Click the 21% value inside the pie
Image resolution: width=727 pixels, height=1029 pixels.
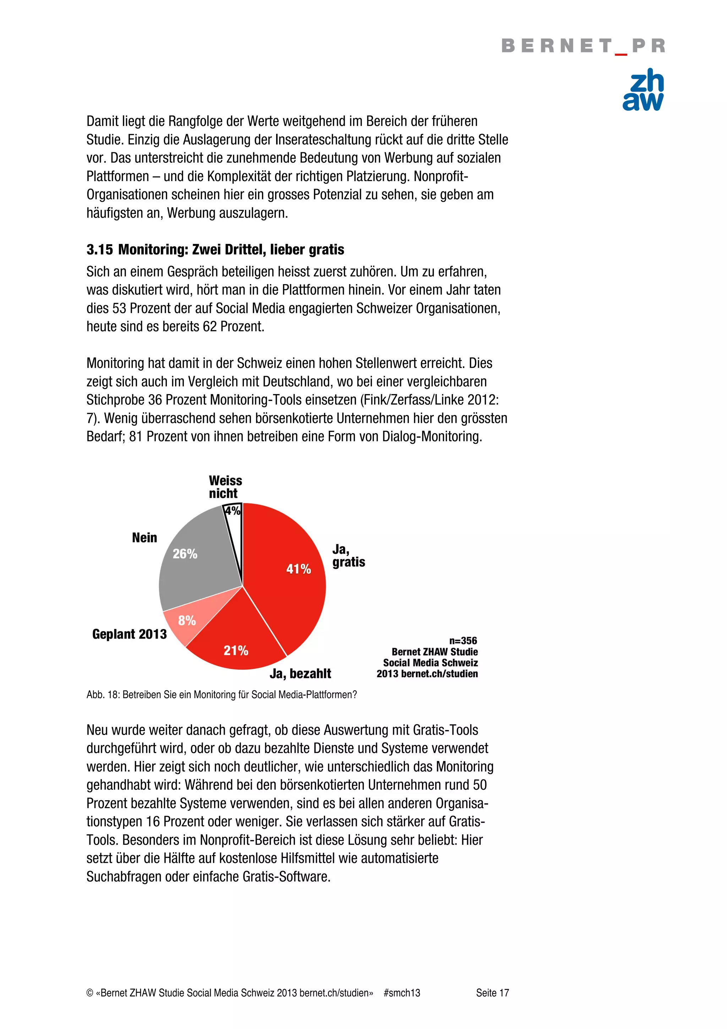click(x=236, y=650)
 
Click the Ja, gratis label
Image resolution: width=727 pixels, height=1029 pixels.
click(x=348, y=556)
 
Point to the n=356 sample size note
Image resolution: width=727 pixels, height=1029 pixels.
click(x=463, y=641)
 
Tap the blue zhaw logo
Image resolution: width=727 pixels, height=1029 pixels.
click(x=643, y=89)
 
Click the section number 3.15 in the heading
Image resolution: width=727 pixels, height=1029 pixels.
click(x=99, y=250)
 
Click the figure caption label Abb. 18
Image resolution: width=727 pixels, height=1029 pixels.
click(x=103, y=695)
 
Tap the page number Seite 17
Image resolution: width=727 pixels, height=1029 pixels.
click(x=492, y=993)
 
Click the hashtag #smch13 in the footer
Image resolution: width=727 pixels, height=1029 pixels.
click(x=401, y=993)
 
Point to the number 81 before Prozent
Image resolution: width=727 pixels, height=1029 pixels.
click(x=136, y=436)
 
